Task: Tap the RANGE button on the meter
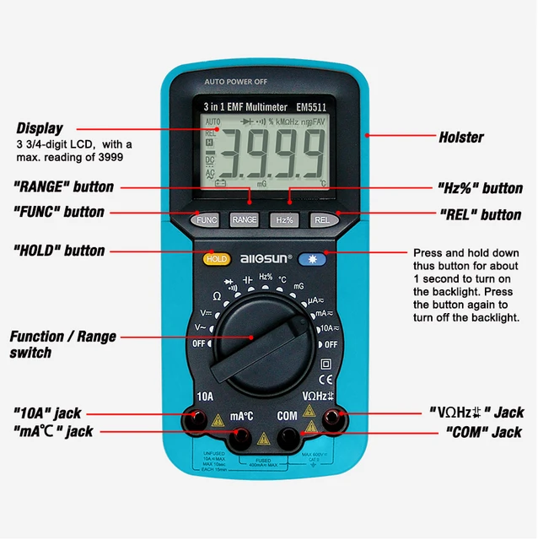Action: coord(245,219)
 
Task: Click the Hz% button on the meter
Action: coord(284,219)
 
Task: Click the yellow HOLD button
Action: coord(216,258)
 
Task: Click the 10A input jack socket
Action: coord(196,417)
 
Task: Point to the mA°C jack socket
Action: coord(242,437)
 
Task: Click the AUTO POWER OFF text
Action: coord(236,82)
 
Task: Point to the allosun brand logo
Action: coord(266,258)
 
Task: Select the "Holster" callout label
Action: coord(460,137)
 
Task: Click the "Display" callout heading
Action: coord(40,128)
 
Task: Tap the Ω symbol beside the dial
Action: coord(216,297)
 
